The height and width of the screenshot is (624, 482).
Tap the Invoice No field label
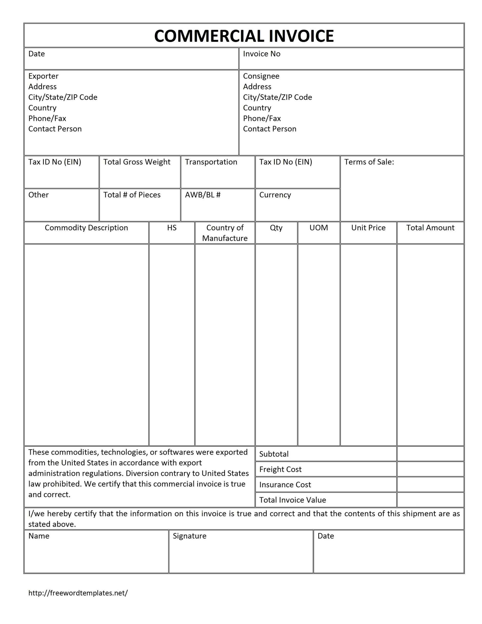(261, 54)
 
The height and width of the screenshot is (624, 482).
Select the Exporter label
(43, 76)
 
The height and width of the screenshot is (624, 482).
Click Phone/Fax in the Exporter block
(47, 118)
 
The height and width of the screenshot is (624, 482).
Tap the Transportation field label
(211, 162)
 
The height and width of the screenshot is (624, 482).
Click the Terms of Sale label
(369, 162)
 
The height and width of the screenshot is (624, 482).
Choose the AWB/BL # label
(202, 195)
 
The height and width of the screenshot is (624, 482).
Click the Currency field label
(275, 195)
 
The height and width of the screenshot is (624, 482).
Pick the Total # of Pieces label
(132, 195)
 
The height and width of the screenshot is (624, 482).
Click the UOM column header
(318, 228)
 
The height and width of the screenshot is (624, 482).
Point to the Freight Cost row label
(280, 469)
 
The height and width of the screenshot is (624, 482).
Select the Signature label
(189, 536)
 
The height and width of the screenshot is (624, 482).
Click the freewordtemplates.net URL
(78, 593)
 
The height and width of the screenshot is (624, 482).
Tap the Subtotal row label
(274, 454)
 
